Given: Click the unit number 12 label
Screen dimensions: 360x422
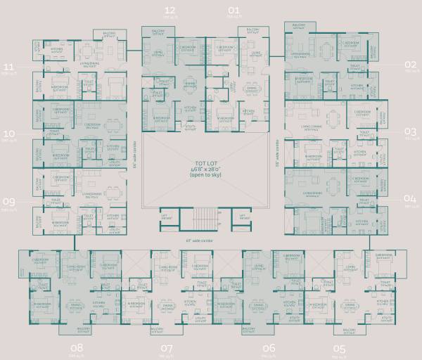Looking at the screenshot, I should (170, 10).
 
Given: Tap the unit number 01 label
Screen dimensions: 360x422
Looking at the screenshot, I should (234, 10).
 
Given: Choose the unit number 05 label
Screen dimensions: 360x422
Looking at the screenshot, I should (340, 348).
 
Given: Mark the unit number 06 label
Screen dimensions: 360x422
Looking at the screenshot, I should (269, 348).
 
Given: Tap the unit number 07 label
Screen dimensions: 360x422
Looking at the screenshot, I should (167, 348).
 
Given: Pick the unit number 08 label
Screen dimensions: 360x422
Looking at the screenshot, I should (77, 348).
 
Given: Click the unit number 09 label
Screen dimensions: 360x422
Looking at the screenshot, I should (9, 199).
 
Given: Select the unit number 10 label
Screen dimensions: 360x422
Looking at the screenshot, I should (9, 132).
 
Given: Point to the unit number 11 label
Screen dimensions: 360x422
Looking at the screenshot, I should (9, 67).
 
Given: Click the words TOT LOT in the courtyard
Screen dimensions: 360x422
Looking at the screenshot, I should (206, 164).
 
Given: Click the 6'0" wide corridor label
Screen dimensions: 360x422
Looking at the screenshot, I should (198, 240).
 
